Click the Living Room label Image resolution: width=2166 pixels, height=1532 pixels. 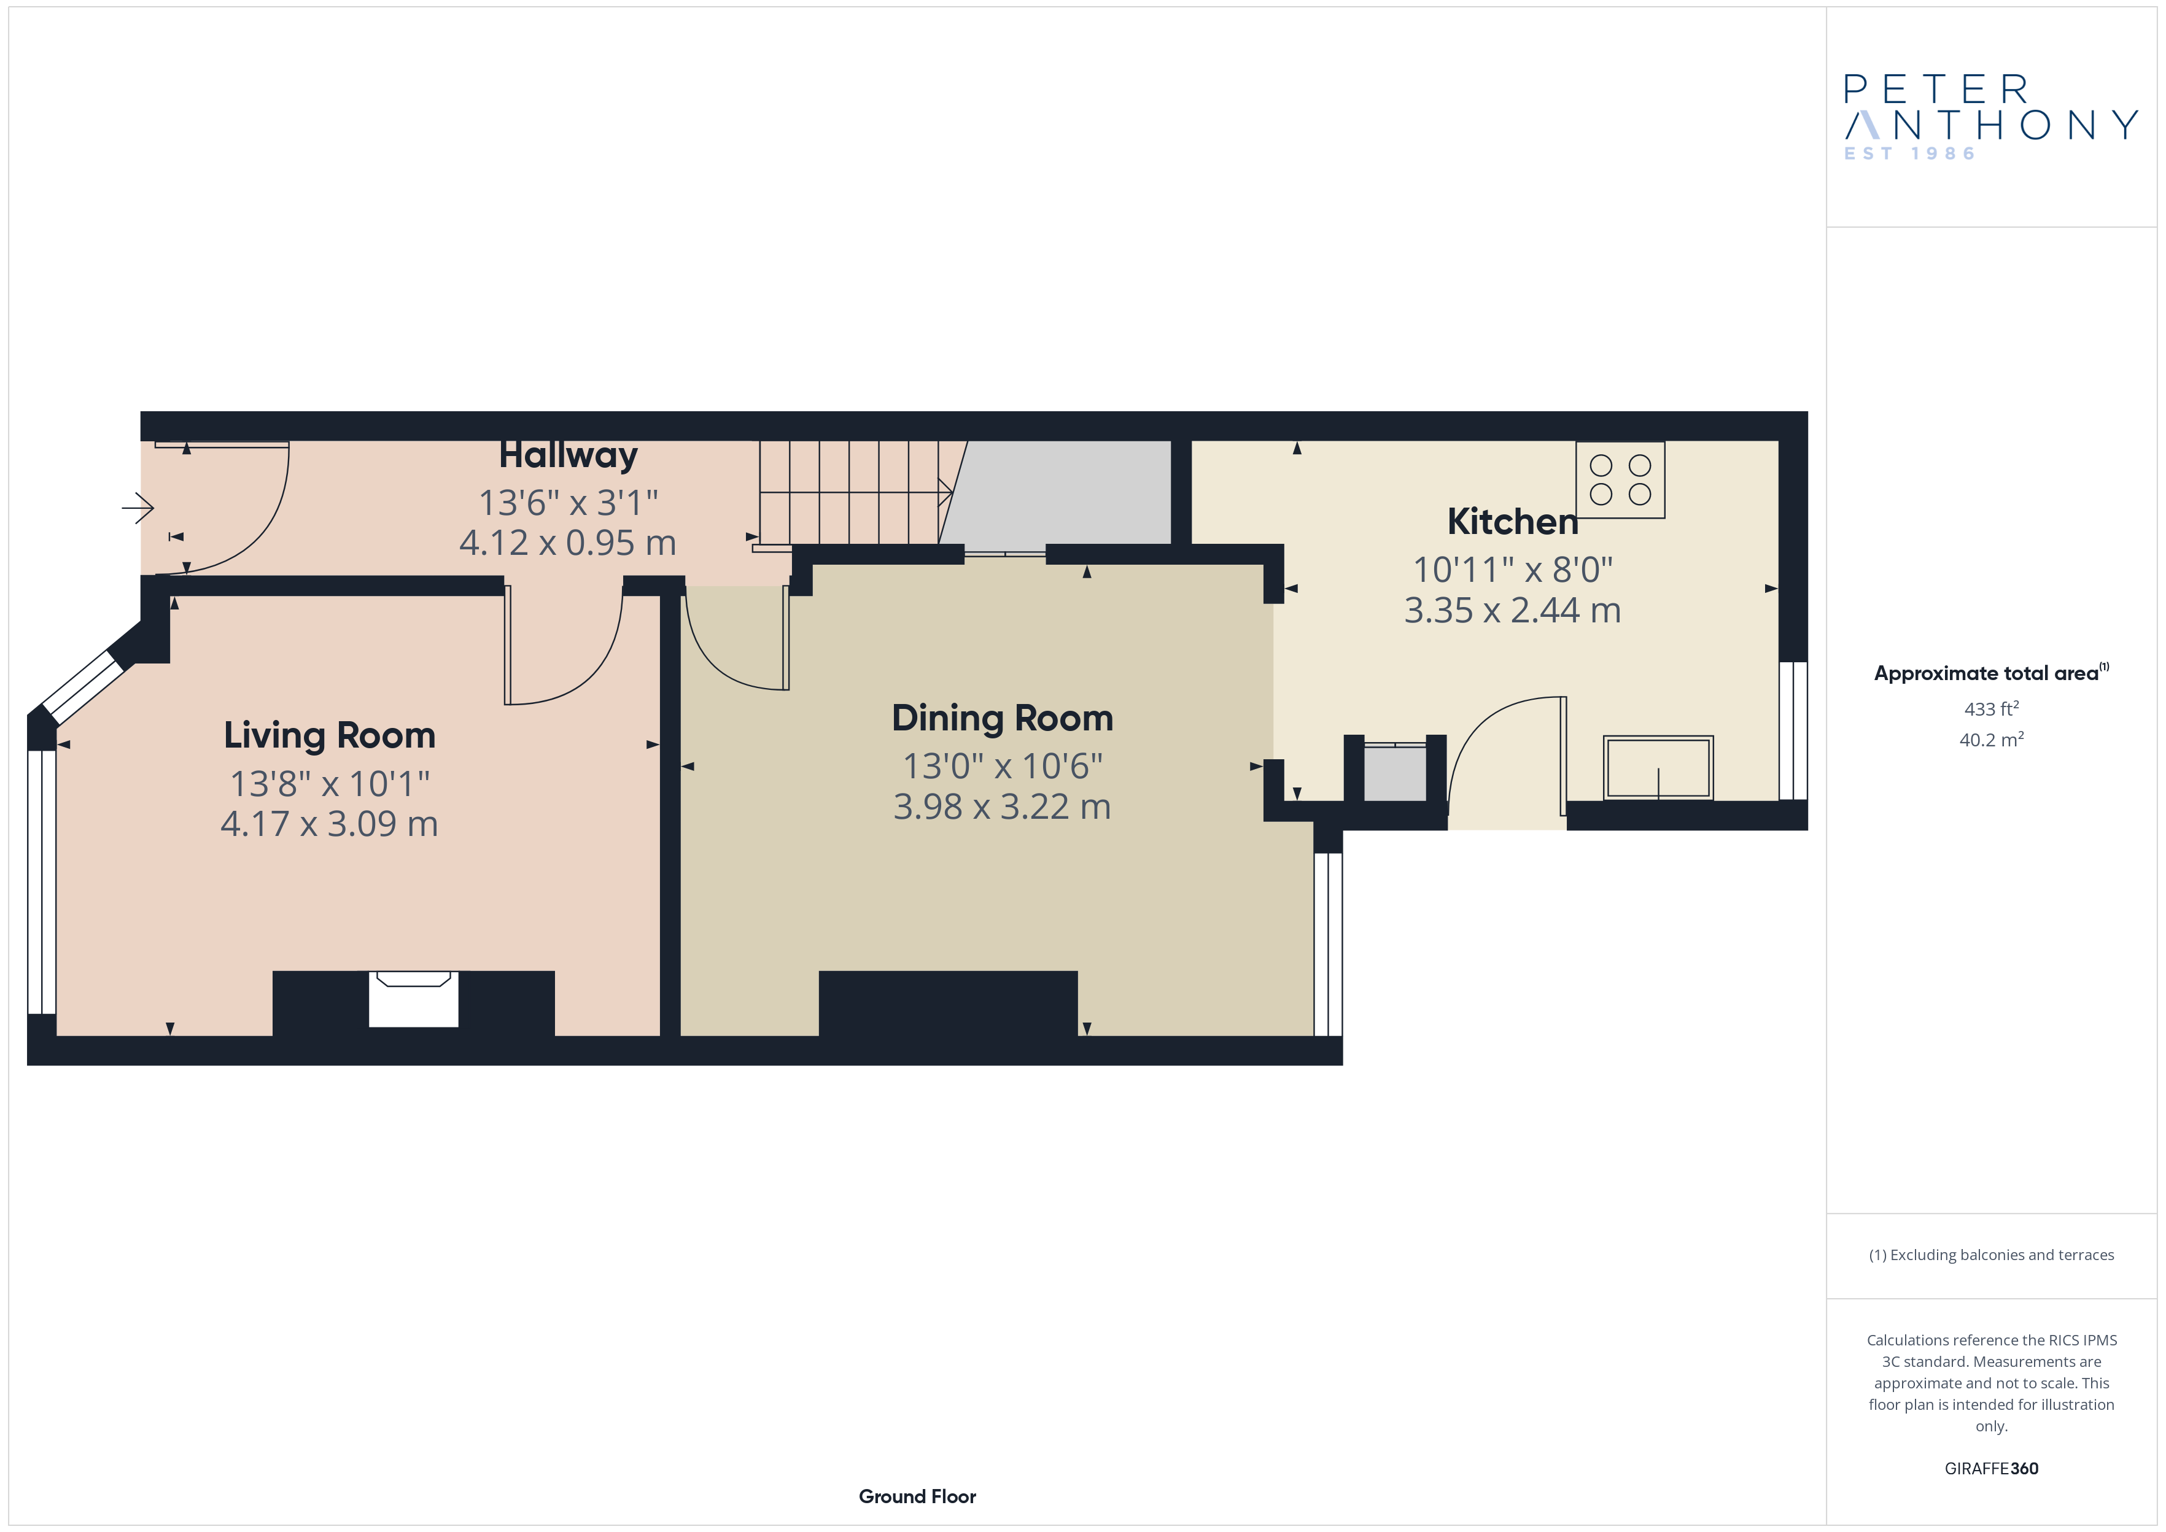tap(329, 736)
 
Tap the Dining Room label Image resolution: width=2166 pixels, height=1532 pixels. tap(1002, 719)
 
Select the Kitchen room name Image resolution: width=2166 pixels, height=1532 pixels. tap(1512, 522)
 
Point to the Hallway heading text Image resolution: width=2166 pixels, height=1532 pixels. tap(568, 455)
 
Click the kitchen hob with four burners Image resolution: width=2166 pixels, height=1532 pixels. tap(1620, 479)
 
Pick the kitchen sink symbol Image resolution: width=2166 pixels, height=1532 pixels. tap(1658, 768)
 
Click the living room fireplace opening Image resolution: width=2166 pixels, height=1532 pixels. tap(413, 999)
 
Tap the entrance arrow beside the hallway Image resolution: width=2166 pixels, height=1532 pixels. tap(138, 508)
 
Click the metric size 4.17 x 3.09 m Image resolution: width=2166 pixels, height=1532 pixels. tap(329, 824)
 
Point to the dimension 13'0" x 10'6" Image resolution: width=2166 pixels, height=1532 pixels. tap(1002, 766)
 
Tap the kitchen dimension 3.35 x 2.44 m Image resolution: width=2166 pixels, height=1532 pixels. tap(1512, 610)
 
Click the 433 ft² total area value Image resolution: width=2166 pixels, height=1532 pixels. tap(1992, 708)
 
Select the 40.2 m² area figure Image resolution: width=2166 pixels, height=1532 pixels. tap(1992, 740)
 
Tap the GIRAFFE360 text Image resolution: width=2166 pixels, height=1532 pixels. tap(1992, 1469)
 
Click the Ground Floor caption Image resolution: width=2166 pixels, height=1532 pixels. tap(917, 1497)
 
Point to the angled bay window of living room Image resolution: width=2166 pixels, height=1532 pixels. tap(83, 686)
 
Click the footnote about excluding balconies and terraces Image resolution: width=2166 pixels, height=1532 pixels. tap(1992, 1255)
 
